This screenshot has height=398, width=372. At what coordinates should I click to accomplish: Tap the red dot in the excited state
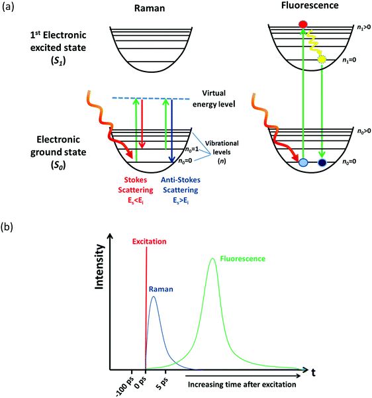[x=304, y=25]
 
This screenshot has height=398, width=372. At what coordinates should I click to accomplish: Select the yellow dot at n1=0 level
[x=322, y=60]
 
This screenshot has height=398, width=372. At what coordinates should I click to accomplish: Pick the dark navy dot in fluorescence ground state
[x=322, y=162]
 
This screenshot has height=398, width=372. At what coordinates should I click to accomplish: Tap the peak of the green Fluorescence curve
[x=213, y=259]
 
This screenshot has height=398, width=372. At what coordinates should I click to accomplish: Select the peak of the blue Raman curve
[x=154, y=296]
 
